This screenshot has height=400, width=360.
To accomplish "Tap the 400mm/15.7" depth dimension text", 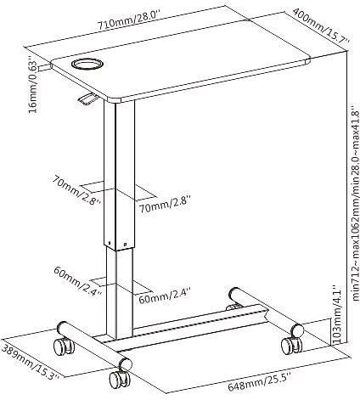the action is (x=321, y=25).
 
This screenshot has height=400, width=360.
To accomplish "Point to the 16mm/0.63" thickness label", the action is (x=33, y=87).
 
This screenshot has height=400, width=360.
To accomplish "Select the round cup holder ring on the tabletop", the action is (x=87, y=64).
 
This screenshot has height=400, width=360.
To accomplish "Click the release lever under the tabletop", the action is (x=88, y=99).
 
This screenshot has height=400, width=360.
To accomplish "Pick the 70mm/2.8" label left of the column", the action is (x=76, y=191).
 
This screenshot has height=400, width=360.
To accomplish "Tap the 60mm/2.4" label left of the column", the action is (x=78, y=281).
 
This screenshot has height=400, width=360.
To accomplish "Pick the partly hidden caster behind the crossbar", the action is (x=233, y=307).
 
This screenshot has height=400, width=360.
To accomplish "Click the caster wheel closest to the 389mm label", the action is (x=64, y=346).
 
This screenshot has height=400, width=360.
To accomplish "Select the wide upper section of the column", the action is (x=119, y=176).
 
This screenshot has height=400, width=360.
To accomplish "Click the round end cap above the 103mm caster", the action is (x=297, y=330).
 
